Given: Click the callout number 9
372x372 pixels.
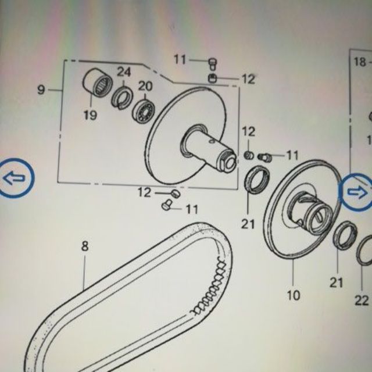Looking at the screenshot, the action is click(x=41, y=90).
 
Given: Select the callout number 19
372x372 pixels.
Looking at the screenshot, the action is click(x=90, y=115).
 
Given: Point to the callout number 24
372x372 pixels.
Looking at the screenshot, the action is click(x=124, y=72).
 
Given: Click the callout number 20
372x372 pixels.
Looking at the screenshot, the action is click(x=145, y=87).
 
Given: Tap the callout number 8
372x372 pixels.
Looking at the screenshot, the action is click(x=85, y=246).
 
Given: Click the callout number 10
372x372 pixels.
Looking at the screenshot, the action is click(x=294, y=295).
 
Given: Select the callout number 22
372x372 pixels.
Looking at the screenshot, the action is click(x=362, y=301).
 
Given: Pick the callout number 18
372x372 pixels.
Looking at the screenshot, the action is click(x=360, y=62).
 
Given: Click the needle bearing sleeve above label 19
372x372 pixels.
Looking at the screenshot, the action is click(x=98, y=83).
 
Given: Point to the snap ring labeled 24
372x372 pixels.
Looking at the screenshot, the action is click(x=121, y=98).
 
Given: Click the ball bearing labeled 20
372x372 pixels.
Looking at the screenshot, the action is click(x=144, y=111).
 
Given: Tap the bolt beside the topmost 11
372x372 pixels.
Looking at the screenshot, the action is click(x=213, y=64).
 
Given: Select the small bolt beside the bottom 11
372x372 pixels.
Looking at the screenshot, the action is click(x=167, y=205).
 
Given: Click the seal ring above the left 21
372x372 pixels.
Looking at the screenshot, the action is click(x=257, y=180).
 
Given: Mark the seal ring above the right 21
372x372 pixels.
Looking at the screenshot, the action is click(x=345, y=235).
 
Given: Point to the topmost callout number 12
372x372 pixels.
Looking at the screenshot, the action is click(x=248, y=79).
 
